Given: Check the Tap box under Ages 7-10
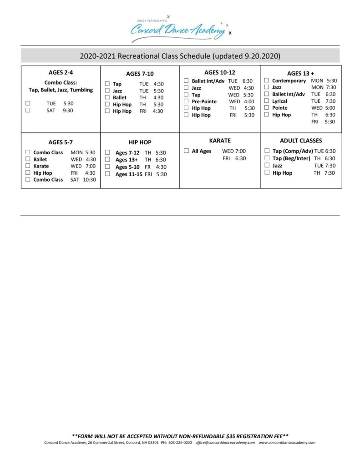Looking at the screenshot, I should [x=107, y=84].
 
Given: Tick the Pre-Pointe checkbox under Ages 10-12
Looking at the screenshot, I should [x=186, y=101].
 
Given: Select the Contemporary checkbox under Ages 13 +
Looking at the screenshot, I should [x=267, y=81].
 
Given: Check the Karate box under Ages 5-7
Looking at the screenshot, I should [x=28, y=166].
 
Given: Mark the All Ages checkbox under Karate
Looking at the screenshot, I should [x=186, y=151].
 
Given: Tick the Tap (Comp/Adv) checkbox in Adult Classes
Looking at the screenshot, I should [x=267, y=151].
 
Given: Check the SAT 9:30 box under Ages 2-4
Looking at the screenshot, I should [x=28, y=111].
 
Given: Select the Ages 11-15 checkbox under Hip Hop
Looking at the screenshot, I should [x=107, y=174].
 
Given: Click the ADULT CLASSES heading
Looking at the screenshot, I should [x=301, y=141].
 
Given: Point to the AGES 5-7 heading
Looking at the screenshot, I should [x=61, y=142].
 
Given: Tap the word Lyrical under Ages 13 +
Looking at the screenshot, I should [x=279, y=101].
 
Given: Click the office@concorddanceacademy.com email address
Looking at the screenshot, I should [x=225, y=442].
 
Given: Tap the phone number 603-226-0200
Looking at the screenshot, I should [x=180, y=442].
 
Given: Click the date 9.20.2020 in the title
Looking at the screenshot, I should [x=261, y=56].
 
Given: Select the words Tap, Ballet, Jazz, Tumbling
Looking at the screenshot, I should [x=61, y=90].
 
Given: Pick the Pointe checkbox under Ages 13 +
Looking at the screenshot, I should [x=267, y=108].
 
